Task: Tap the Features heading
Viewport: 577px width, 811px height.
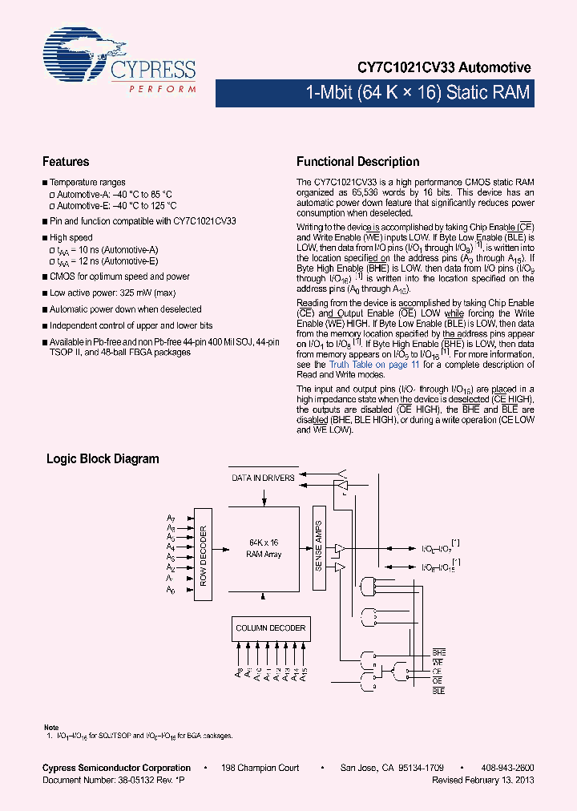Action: tap(66, 162)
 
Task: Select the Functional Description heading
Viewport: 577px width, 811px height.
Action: tap(357, 162)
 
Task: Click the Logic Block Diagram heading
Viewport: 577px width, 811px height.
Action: tap(103, 459)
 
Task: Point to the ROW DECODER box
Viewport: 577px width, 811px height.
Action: tap(204, 555)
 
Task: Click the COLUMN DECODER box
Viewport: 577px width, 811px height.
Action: tap(270, 628)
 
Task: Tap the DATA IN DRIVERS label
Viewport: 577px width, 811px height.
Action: tap(263, 478)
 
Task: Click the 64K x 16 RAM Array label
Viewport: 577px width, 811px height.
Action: tap(264, 549)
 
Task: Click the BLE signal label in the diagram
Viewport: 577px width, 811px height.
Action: tap(438, 690)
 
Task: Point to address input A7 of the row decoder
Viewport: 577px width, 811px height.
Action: tap(171, 518)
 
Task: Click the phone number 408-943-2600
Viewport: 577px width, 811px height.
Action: tap(506, 768)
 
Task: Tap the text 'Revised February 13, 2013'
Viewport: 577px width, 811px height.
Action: tap(482, 780)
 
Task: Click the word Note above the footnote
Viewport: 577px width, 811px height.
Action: tap(50, 727)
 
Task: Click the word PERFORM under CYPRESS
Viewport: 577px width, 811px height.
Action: tap(162, 89)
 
